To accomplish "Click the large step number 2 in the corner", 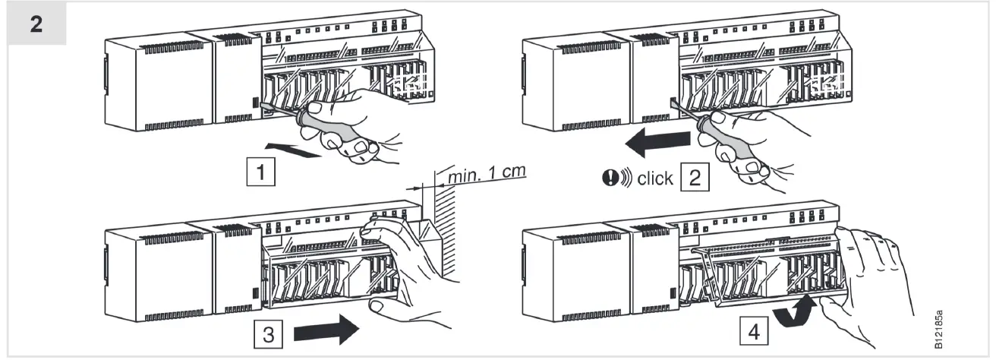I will [x=36, y=22].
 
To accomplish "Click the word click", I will [x=655, y=178].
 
